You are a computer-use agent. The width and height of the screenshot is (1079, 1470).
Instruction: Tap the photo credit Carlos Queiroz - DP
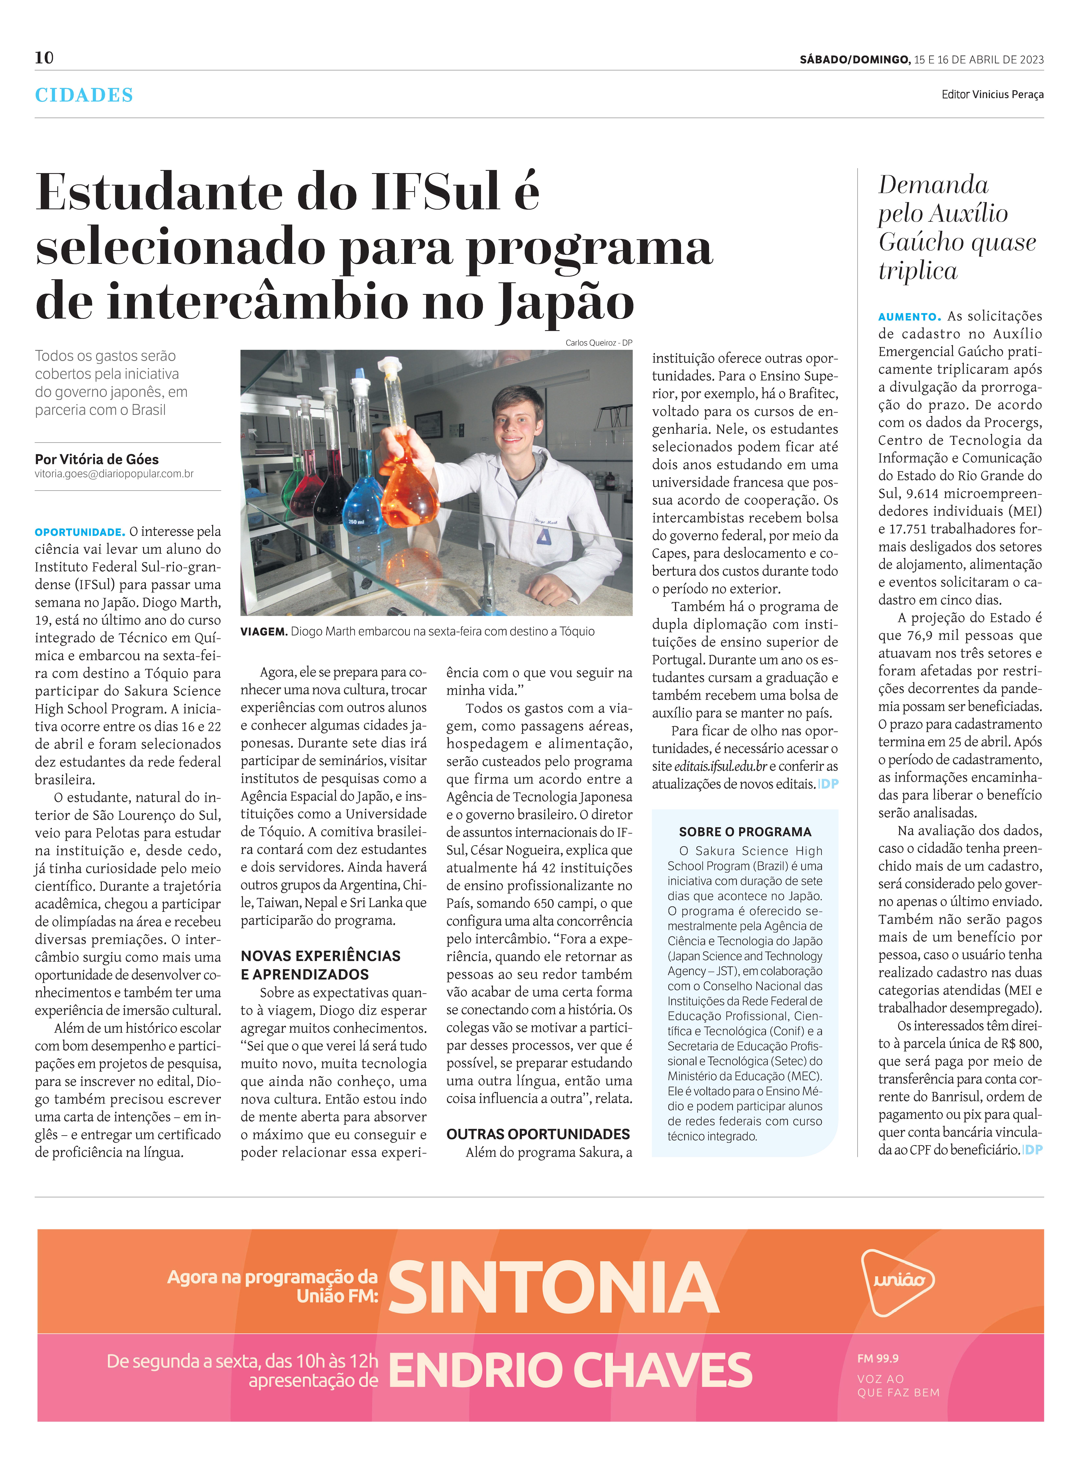click(598, 342)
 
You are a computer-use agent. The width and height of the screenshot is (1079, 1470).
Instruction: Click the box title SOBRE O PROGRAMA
click(745, 832)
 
